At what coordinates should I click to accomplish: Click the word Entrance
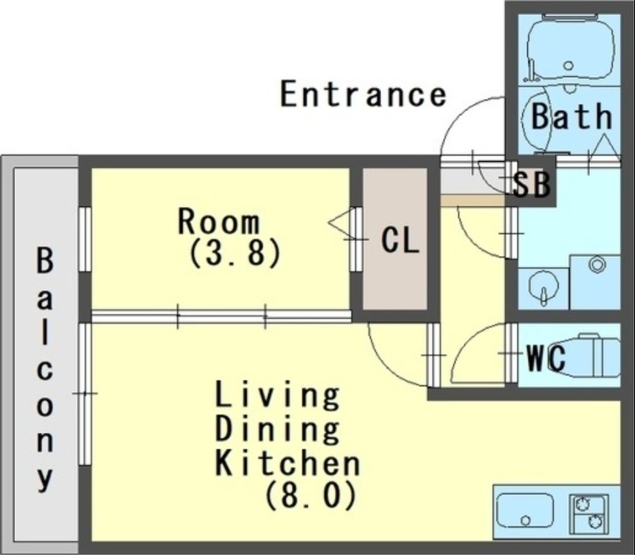[x=363, y=94]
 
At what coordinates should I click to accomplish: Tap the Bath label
[x=571, y=117]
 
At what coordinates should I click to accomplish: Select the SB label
[x=530, y=185]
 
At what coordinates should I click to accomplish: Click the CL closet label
[x=399, y=240]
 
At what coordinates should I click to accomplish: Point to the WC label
[x=546, y=358]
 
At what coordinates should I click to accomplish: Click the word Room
[x=218, y=221]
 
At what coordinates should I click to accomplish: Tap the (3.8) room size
[x=235, y=254]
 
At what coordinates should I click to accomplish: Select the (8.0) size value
[x=310, y=496]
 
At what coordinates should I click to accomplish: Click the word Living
[x=278, y=394]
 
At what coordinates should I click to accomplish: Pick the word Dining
[x=278, y=429]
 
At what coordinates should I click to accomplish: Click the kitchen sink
[x=525, y=510]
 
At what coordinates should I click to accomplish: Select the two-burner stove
[x=589, y=512]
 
